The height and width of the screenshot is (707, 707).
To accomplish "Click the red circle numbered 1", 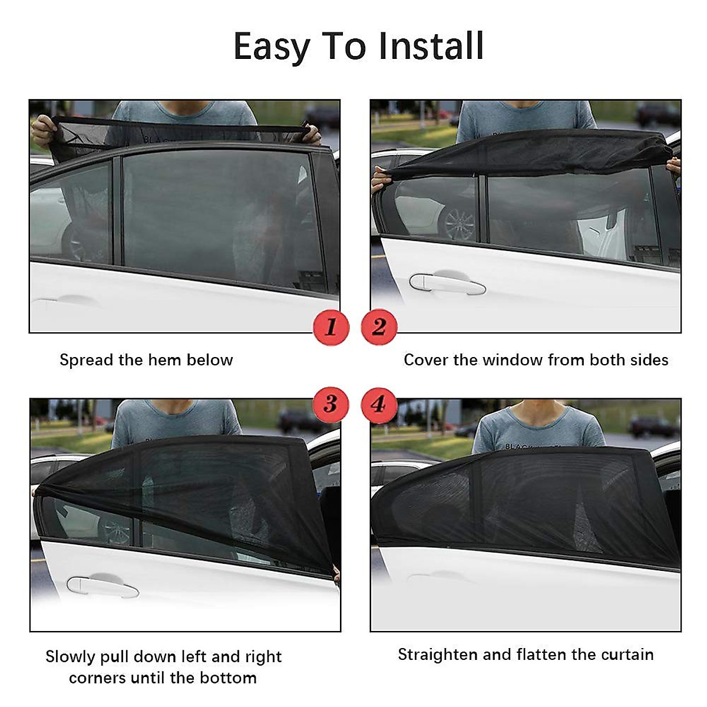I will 331,326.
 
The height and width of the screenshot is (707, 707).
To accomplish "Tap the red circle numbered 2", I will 378,326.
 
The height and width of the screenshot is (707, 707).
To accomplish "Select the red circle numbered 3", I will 331,404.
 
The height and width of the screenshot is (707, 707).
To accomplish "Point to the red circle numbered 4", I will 378,404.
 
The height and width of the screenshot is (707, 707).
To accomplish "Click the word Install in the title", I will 431,47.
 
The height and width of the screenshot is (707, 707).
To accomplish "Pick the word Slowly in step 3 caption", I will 70,658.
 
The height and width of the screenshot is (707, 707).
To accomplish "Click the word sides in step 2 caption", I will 651,360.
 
